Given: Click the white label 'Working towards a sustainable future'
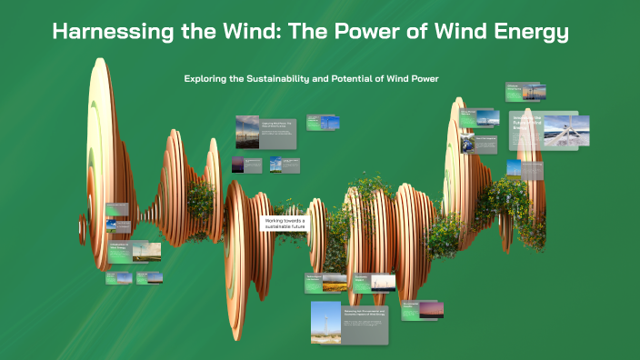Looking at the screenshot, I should coord(285,225).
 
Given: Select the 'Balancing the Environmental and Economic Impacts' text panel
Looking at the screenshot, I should coord(365,323).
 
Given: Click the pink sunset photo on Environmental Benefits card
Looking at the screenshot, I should coord(436,315).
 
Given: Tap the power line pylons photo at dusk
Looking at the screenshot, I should coord(247,132).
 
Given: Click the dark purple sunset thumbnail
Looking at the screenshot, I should coord(238,165).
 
